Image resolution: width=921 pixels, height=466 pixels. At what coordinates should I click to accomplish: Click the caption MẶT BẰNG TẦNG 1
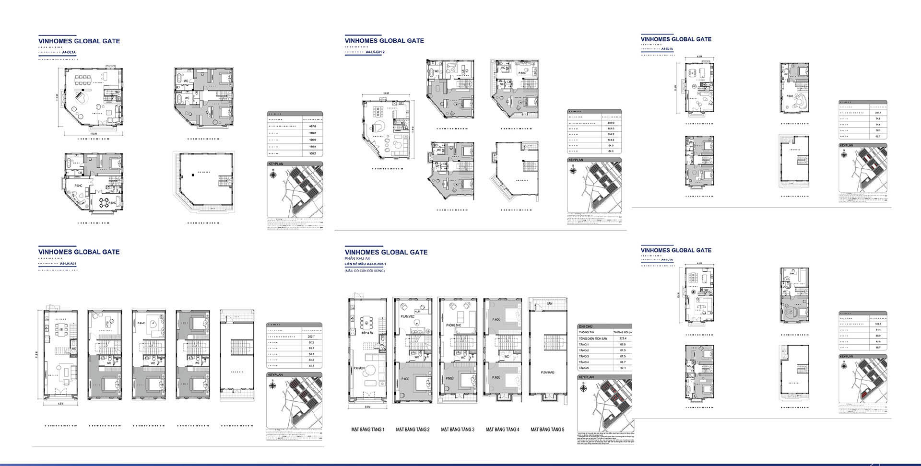click(367, 430)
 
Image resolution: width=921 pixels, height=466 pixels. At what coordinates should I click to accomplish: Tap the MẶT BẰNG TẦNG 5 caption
click(547, 430)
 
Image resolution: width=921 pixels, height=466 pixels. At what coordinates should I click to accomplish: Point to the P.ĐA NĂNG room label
click(547, 372)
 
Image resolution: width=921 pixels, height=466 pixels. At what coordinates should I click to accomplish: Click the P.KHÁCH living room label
click(359, 368)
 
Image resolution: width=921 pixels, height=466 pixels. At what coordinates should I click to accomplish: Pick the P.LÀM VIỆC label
click(408, 317)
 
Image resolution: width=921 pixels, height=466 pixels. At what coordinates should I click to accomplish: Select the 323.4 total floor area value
click(622, 338)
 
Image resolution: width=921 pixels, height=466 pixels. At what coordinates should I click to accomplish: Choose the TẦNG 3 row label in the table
click(584, 356)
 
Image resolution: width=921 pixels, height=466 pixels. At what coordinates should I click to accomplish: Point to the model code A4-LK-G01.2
click(376, 52)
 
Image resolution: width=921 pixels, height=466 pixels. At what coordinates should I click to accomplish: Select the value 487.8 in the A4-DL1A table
click(312, 126)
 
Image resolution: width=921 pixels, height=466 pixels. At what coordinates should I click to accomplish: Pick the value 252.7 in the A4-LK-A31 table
click(311, 337)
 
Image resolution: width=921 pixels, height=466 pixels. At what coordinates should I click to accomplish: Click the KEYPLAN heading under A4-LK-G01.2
click(576, 160)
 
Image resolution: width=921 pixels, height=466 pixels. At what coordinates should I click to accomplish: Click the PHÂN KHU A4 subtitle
click(357, 258)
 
